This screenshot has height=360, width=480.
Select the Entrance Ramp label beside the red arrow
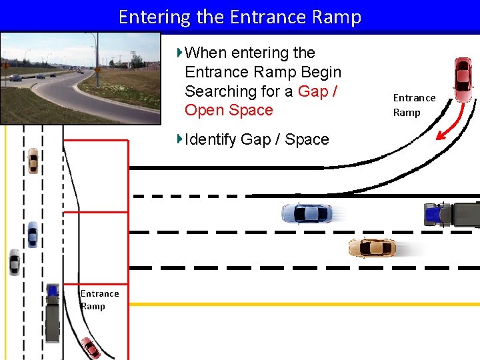click(414, 105)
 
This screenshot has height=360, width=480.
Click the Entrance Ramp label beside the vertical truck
click(99, 299)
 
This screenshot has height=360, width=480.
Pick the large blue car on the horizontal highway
click(307, 214)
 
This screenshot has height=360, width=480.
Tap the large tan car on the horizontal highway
click(372, 247)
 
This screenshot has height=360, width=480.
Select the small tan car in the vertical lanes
click(33, 161)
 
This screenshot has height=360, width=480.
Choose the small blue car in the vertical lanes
click(32, 234)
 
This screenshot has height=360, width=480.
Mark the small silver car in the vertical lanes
click(14, 262)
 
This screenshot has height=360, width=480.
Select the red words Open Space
click(229, 110)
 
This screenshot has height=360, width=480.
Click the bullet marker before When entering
click(179, 52)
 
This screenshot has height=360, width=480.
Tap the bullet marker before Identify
click(179, 139)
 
